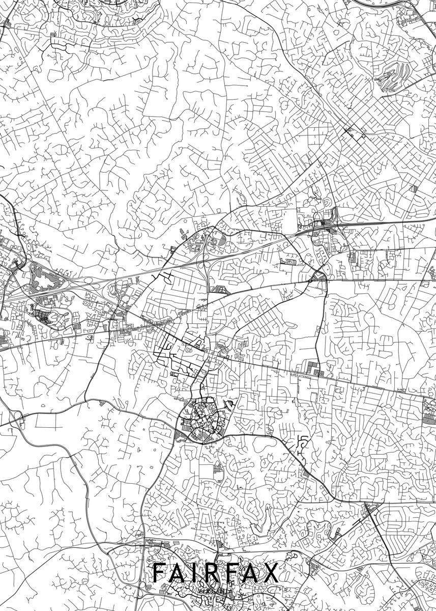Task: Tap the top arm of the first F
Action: point(159,564)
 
